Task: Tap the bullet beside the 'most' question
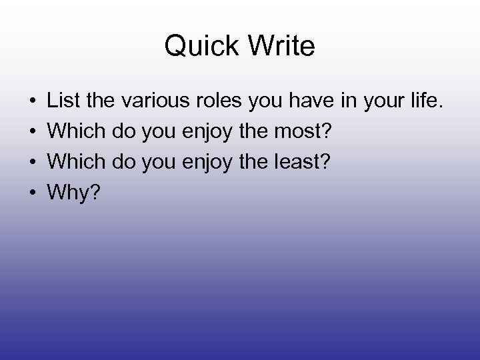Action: click(x=32, y=131)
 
